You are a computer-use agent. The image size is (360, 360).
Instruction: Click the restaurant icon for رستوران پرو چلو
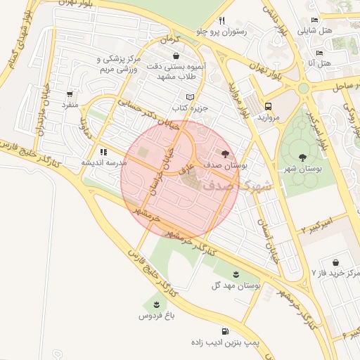(222, 20)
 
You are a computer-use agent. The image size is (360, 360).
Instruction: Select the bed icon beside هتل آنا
(319, 53)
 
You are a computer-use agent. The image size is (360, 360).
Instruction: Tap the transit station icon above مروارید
(267, 105)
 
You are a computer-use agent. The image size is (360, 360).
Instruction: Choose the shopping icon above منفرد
(69, 94)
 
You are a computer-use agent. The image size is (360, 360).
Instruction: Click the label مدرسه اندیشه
(104, 162)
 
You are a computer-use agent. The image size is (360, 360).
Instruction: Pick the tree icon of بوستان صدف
(225, 153)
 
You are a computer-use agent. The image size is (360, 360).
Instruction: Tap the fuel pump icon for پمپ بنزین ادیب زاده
(224, 330)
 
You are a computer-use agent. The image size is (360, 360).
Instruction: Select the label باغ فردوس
(155, 316)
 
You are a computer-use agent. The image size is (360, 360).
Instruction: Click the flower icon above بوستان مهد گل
(236, 274)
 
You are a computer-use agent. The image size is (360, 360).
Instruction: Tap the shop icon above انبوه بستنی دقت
(175, 56)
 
